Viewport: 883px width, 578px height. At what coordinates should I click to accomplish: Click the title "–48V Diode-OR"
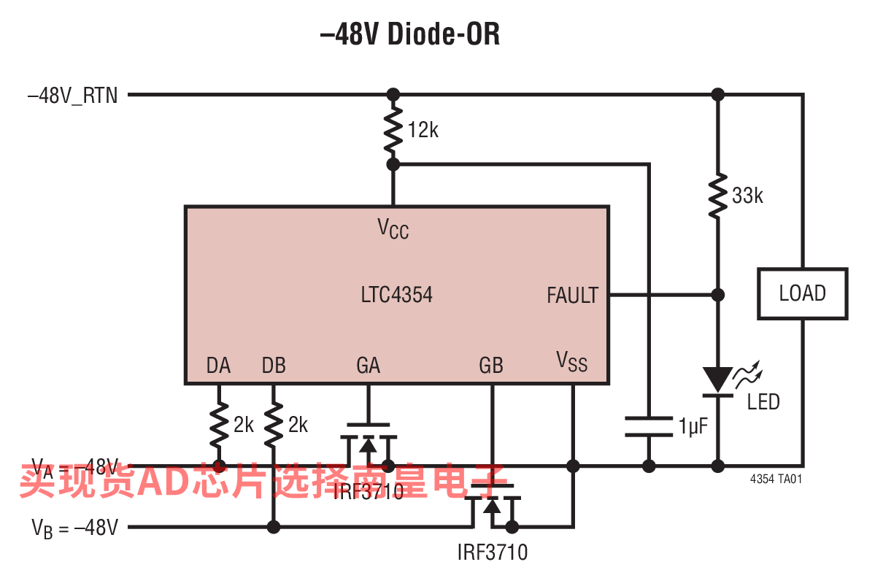pyautogui.click(x=410, y=34)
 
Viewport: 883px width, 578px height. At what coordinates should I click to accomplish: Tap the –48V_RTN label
pyautogui.click(x=72, y=95)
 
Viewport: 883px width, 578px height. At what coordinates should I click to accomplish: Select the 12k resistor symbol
pyautogui.click(x=393, y=128)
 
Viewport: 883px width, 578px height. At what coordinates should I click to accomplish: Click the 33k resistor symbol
pyautogui.click(x=718, y=195)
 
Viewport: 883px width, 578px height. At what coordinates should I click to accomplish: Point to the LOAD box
pyautogui.click(x=802, y=293)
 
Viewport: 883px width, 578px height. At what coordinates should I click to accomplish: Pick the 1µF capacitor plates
pyautogui.click(x=647, y=426)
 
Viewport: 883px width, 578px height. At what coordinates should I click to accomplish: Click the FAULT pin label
pyautogui.click(x=572, y=296)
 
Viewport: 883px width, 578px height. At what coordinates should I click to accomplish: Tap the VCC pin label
pyautogui.click(x=393, y=228)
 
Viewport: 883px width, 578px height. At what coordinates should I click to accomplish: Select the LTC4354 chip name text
pyautogui.click(x=396, y=295)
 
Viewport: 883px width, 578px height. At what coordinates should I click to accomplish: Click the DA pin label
pyautogui.click(x=218, y=366)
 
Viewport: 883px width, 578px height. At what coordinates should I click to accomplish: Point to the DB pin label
pyautogui.click(x=274, y=366)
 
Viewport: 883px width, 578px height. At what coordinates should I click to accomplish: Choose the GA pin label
pyautogui.click(x=368, y=366)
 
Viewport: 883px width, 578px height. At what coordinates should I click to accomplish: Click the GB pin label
pyautogui.click(x=491, y=366)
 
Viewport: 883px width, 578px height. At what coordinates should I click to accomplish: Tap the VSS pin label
pyautogui.click(x=571, y=361)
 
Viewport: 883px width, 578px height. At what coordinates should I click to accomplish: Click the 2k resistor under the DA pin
pyautogui.click(x=218, y=425)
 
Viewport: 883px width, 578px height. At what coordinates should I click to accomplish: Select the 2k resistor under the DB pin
pyautogui.click(x=274, y=425)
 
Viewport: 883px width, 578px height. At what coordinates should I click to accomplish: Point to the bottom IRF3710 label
pyautogui.click(x=492, y=552)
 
